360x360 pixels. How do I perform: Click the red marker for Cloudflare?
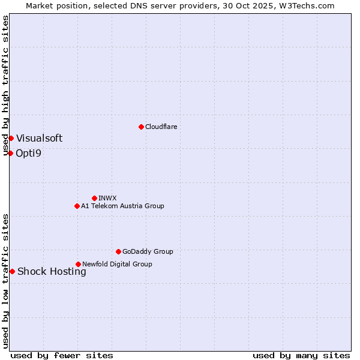pos(141,127)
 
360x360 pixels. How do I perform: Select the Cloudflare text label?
pos(161,127)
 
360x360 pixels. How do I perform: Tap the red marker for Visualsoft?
pos(11,138)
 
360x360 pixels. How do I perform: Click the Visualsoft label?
pos(39,138)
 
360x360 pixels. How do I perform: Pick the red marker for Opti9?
pos(10,153)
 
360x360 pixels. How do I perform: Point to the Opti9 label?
pos(29,153)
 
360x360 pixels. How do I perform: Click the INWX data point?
pos(94,198)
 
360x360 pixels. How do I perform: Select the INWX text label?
pos(108,198)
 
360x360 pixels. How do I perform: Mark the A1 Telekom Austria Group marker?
pos(77,206)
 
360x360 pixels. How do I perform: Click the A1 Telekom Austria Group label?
pos(122,206)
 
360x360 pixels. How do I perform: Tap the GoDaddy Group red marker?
pos(118,251)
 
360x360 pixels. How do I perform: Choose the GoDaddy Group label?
pos(148,251)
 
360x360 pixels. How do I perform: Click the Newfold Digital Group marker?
pos(78,264)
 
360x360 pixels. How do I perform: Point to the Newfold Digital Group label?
pos(117,264)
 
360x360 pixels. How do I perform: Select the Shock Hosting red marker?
pos(12,271)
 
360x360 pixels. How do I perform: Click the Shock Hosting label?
pos(52,271)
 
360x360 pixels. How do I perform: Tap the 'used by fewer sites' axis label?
pos(62,355)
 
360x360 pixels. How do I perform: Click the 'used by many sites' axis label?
pos(301,355)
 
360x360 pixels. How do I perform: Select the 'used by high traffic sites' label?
pos(5,85)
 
